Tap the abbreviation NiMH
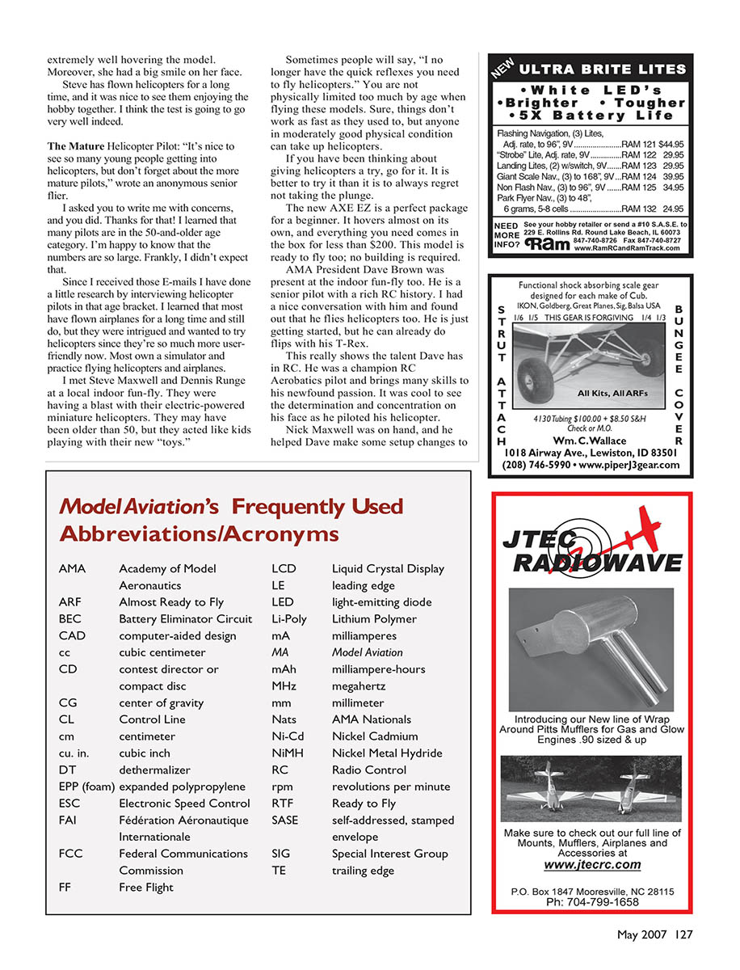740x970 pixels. point(288,753)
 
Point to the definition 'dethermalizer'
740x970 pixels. point(154,770)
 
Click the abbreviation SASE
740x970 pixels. point(286,820)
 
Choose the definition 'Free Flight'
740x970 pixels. point(146,888)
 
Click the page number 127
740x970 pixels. point(684,935)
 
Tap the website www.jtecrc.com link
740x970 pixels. point(592,865)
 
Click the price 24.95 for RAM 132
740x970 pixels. point(673,209)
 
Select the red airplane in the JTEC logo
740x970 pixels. point(650,529)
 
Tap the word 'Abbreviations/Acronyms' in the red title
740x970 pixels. point(199,533)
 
